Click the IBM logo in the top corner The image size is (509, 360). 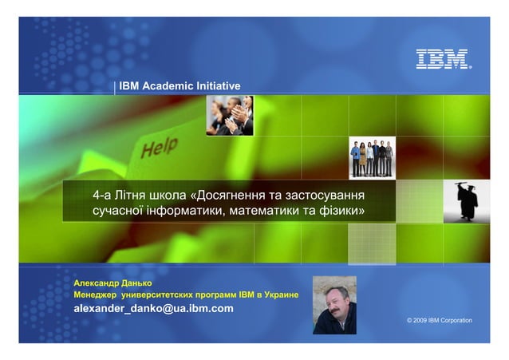coord(442,59)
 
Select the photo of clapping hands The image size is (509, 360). coord(229,115)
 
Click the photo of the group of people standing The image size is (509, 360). coord(372,158)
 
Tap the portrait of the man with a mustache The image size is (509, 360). coord(334,305)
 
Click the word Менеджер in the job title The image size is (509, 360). coord(94,295)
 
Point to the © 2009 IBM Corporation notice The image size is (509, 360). coord(439,320)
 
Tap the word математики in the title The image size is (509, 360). coord(269,212)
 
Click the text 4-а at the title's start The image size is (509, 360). coord(101,196)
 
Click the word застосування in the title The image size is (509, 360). coord(329,196)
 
